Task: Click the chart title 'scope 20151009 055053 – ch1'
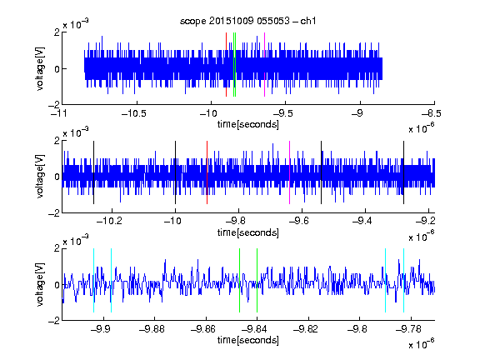[247, 21]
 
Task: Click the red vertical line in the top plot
[226, 65]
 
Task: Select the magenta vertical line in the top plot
[264, 65]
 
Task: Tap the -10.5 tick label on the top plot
[134, 113]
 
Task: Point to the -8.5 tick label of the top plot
[432, 113]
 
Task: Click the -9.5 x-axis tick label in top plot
[282, 113]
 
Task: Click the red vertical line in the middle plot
[207, 172]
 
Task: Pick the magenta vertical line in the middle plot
[290, 172]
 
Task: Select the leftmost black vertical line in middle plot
[93, 172]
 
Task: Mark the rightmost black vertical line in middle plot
[403, 172]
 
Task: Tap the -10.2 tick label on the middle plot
[109, 221]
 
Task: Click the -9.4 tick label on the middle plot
[362, 221]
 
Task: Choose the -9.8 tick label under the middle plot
[235, 221]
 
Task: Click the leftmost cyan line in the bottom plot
[93, 280]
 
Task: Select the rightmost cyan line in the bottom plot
[403, 280]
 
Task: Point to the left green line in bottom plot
[239, 280]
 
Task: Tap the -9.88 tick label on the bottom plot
[152, 329]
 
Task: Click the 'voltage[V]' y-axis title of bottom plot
[40, 284]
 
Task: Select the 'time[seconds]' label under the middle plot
[248, 232]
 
